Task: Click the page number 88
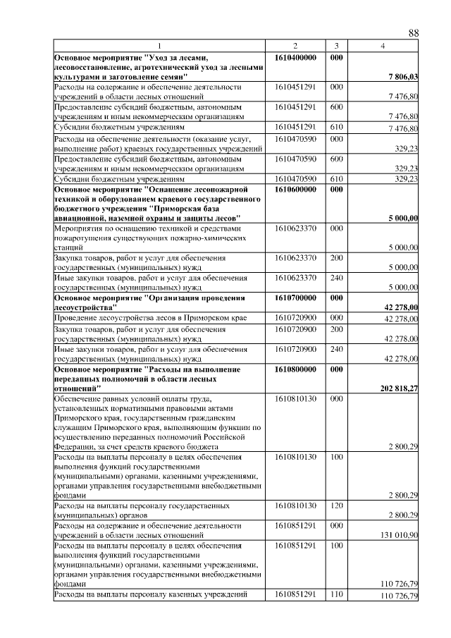(414, 33)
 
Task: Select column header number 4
(382, 46)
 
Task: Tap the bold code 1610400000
(295, 56)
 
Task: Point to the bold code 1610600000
(295, 190)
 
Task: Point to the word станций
(68, 248)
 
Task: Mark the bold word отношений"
(75, 388)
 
